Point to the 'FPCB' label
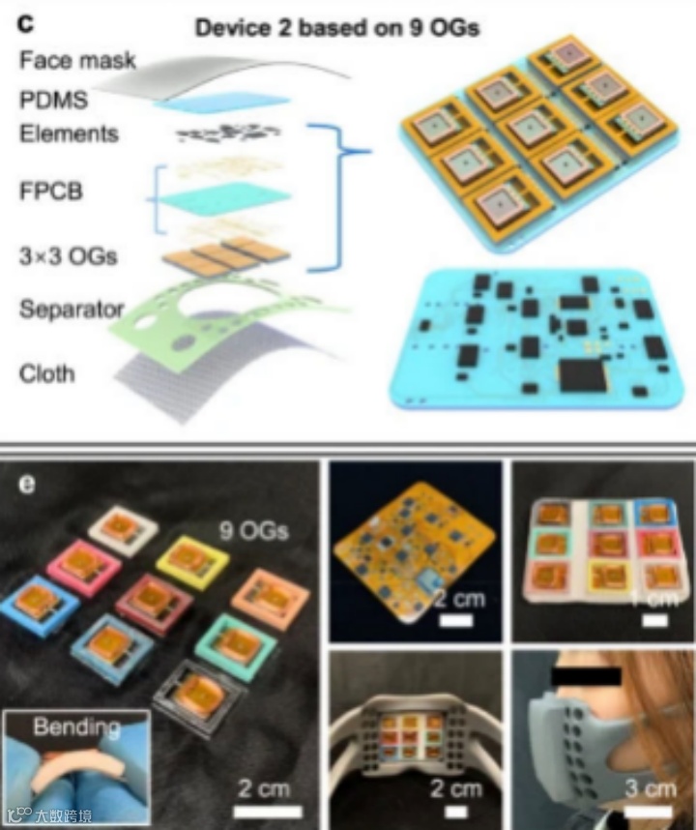pos(51,191)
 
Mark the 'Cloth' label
pos(45,372)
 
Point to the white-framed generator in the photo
pos(120,527)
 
